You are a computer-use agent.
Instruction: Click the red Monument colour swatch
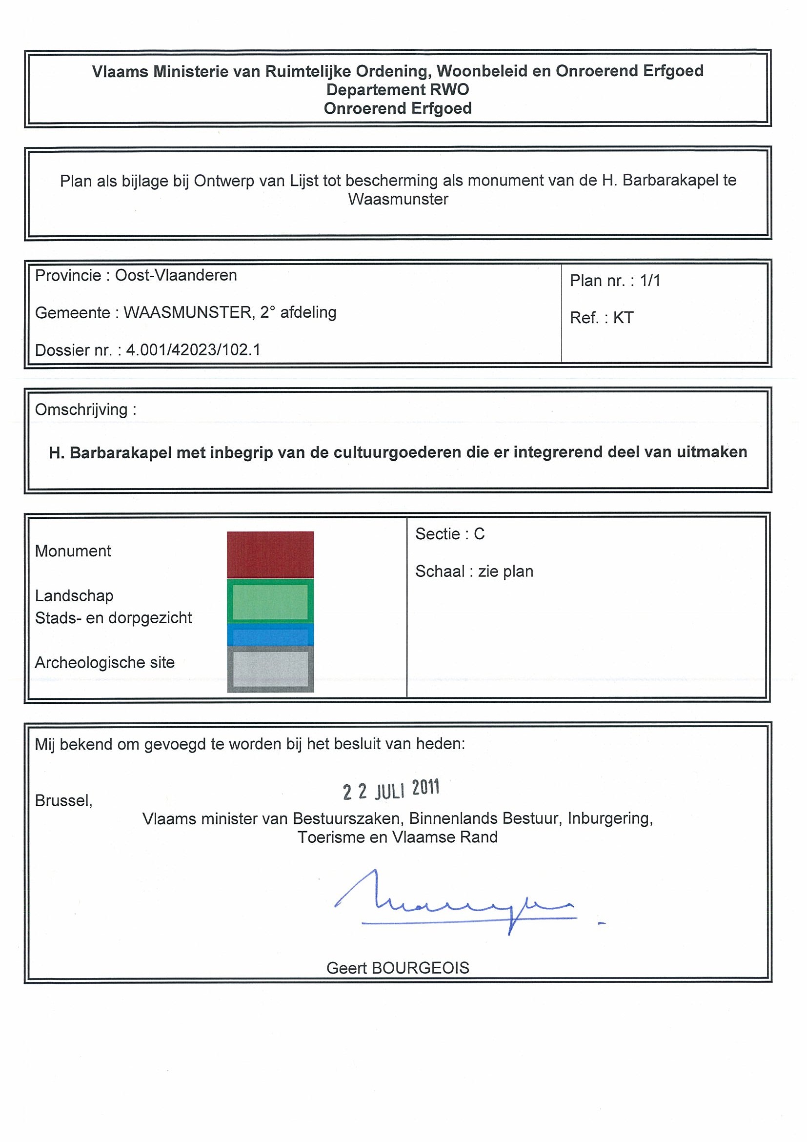tap(270, 554)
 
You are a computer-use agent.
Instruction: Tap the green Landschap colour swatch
tap(270, 601)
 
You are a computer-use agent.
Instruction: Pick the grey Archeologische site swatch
tap(270, 669)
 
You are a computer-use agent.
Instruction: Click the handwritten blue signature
tap(455, 903)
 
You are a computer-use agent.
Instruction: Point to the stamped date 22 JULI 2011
tap(391, 789)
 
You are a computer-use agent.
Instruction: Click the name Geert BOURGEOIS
tap(397, 967)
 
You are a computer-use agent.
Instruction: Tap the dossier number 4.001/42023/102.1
tap(193, 350)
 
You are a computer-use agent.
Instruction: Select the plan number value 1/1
tap(650, 281)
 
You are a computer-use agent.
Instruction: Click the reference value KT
tap(623, 318)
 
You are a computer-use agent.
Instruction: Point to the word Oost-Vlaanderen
tap(176, 275)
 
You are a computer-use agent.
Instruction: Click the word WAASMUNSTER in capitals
tap(187, 312)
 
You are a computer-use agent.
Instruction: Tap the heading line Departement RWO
tap(397, 89)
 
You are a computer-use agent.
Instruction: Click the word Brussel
tap(63, 800)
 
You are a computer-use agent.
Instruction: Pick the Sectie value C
tap(479, 534)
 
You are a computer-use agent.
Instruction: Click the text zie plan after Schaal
tap(505, 571)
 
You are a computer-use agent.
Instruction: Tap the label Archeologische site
tap(104, 663)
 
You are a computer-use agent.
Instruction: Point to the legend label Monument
tap(73, 551)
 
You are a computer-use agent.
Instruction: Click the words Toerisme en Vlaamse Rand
tap(397, 837)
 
